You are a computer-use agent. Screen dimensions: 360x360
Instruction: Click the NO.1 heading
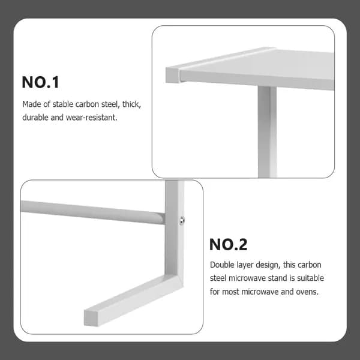[40, 82]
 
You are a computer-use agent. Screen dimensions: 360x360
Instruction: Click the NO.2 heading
[228, 245]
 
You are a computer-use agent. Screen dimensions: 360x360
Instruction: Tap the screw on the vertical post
[182, 220]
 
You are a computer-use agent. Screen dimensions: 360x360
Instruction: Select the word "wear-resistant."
[92, 118]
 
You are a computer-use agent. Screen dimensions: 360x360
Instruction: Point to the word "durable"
[35, 118]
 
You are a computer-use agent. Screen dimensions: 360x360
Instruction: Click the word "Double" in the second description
[221, 265]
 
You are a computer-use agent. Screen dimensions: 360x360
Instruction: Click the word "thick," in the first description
[131, 104]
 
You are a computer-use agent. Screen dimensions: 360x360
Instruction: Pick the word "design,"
[268, 265]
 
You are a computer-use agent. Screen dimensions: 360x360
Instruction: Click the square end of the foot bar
[91, 318]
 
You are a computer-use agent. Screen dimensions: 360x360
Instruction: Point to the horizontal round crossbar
[93, 212]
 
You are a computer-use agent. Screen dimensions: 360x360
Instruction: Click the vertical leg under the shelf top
[267, 131]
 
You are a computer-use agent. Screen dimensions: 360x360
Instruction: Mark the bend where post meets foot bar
[174, 278]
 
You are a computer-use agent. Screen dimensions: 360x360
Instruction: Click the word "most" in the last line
[230, 292]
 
